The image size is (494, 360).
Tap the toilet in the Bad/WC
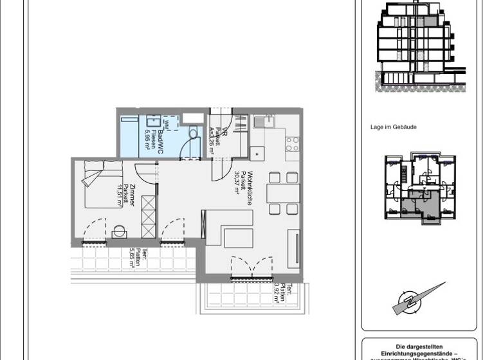(192, 132)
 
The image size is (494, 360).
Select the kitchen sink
(263, 121)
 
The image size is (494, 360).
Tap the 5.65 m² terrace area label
(133, 260)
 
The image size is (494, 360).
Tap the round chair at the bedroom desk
(120, 231)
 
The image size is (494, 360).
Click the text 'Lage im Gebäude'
(394, 127)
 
